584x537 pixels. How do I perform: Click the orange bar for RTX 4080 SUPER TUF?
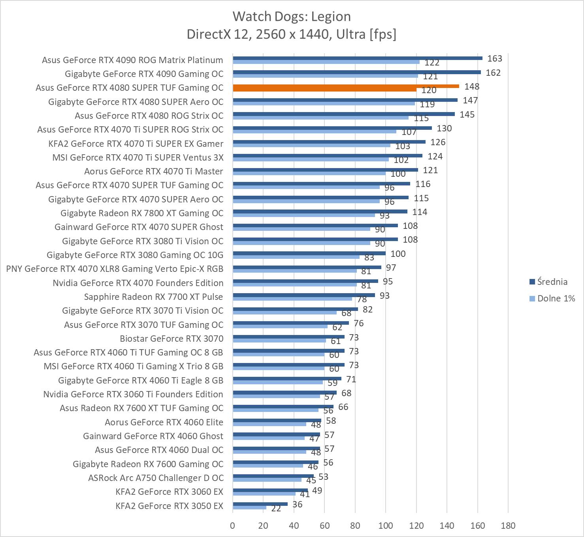[346, 86]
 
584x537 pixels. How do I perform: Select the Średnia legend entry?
[552, 282]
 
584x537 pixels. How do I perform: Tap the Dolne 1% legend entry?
[556, 298]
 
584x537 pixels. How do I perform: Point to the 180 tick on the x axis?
[508, 526]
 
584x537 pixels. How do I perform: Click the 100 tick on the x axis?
[386, 526]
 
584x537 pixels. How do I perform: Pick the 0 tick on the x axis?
[233, 526]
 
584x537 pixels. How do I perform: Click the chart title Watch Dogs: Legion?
[292, 17]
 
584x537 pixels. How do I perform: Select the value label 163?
[494, 58]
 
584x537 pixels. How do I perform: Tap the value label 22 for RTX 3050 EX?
[276, 508]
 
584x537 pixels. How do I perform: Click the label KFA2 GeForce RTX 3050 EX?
[169, 505]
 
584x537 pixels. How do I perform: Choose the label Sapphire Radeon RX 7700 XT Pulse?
[153, 297]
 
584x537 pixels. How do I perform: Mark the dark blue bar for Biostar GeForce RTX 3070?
[288, 337]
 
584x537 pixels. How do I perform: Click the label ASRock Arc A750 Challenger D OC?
[156, 478]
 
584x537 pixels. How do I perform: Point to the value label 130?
[444, 128]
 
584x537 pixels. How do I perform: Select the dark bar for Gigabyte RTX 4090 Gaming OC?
[356, 72]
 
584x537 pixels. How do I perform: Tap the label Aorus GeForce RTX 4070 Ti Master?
[153, 171]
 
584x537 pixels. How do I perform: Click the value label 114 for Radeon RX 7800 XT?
[420, 212]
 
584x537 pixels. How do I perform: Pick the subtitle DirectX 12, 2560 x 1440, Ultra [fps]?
[292, 34]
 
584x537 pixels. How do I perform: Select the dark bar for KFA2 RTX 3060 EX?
[270, 490]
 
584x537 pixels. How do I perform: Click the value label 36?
[297, 504]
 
